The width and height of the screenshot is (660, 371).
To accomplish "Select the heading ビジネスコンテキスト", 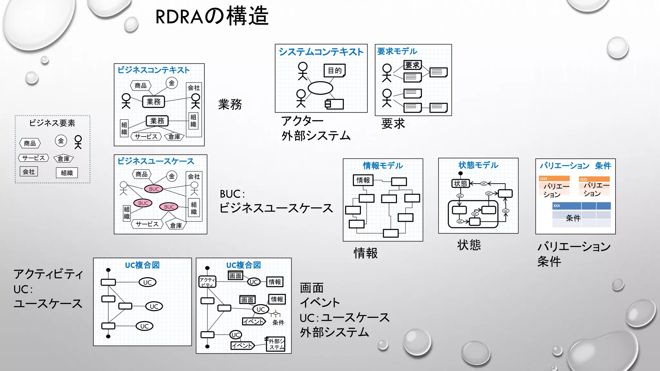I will click(x=153, y=70).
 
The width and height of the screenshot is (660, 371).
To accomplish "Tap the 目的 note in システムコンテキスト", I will click(x=335, y=71).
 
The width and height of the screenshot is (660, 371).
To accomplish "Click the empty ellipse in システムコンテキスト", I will click(x=320, y=88).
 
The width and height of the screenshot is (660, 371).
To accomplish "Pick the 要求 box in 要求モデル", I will click(x=412, y=65).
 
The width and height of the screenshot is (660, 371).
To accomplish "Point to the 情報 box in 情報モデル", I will click(x=363, y=180).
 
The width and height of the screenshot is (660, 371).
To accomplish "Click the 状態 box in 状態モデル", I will click(x=461, y=184).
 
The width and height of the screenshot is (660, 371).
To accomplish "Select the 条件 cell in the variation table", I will click(x=573, y=218).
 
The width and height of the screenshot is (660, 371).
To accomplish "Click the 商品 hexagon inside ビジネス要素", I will click(x=30, y=143).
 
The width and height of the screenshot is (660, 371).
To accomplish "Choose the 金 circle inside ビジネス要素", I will click(x=61, y=141).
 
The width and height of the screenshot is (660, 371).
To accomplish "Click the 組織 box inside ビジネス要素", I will click(x=67, y=173).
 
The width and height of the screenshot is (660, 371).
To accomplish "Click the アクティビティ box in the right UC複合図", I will click(x=207, y=282).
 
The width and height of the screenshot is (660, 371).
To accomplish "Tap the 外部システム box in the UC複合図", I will click(x=276, y=344).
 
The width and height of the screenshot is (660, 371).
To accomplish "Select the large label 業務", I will click(x=230, y=104).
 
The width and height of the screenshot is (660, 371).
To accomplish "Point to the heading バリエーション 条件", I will click(x=575, y=166).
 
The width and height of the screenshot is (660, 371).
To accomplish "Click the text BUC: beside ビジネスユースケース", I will click(x=232, y=194).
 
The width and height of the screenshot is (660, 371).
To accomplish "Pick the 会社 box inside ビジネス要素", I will click(x=29, y=172).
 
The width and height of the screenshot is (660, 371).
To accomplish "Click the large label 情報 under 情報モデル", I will click(x=365, y=253).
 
